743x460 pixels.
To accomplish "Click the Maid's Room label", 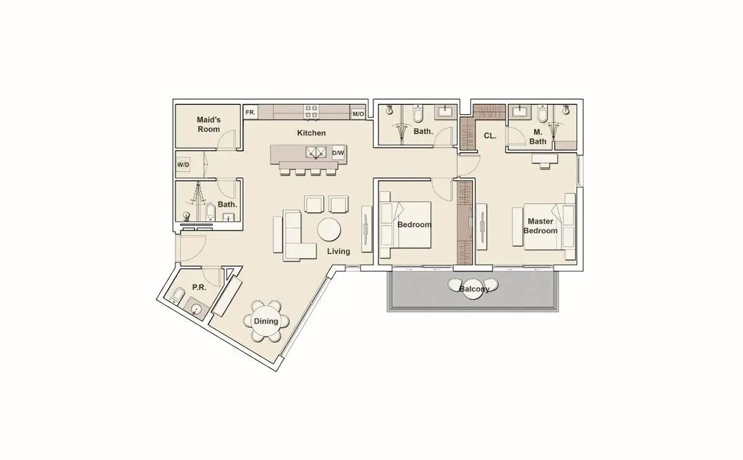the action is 209,124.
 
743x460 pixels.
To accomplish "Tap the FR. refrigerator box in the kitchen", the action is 251,112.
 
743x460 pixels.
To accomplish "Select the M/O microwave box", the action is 358,114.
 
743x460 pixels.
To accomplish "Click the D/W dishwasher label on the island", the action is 338,153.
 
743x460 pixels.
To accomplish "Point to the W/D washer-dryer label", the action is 183,165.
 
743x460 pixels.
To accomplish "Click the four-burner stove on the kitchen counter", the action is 311,112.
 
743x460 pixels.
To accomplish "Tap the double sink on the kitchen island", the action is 316,153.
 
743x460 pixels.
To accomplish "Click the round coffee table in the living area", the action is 329,229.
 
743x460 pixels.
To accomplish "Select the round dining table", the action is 266,321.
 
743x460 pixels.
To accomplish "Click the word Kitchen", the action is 311,133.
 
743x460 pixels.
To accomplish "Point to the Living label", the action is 338,252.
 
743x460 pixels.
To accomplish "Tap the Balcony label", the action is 474,289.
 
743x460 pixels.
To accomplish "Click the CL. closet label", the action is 490,136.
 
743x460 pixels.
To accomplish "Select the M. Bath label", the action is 537,137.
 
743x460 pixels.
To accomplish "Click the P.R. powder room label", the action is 199,287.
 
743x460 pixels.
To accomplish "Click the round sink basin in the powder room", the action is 196,309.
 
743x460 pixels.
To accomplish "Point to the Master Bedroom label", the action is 541,226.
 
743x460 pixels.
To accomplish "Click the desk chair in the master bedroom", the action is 545,166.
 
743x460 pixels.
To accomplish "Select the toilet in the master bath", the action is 542,114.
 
